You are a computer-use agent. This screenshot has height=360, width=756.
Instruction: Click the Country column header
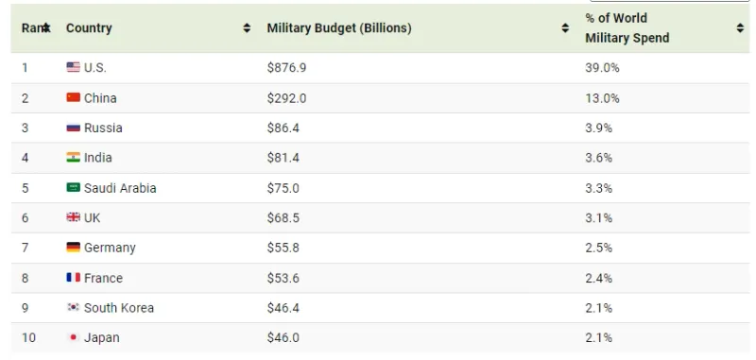click(89, 28)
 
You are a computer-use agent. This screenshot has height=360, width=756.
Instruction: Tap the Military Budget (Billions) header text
click(339, 28)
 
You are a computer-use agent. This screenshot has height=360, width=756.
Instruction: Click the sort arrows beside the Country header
click(247, 28)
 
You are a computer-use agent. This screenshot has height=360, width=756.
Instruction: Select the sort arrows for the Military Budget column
click(565, 28)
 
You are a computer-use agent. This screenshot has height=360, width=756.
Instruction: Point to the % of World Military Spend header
click(627, 28)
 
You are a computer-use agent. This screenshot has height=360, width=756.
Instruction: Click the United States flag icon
click(74, 67)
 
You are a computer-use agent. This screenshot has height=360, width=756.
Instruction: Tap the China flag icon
click(74, 98)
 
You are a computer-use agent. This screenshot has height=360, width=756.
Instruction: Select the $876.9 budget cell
click(286, 67)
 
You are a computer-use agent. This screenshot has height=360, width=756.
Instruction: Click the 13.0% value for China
click(602, 98)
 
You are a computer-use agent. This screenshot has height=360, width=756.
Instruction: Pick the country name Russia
click(103, 128)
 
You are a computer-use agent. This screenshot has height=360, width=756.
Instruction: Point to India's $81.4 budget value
click(283, 158)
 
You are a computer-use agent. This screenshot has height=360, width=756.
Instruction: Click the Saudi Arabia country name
click(120, 188)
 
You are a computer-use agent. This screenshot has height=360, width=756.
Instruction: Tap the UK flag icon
click(74, 217)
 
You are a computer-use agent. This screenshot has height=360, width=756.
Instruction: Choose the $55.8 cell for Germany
click(283, 248)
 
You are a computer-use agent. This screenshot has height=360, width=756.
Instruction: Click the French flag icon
click(74, 278)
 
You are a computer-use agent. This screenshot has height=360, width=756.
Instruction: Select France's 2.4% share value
click(599, 278)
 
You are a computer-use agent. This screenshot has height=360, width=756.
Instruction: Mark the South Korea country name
click(119, 308)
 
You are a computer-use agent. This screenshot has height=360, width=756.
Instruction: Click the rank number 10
click(29, 337)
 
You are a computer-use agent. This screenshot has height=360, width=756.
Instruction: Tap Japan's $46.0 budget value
click(283, 338)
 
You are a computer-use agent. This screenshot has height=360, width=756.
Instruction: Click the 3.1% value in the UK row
click(599, 218)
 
